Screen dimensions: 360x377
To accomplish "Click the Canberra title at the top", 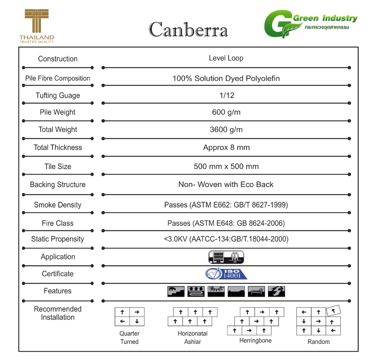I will pyautogui.click(x=188, y=29).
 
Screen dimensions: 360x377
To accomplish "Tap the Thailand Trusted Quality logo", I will pyautogui.click(x=37, y=26).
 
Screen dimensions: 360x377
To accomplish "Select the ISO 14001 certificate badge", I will pyautogui.click(x=226, y=274).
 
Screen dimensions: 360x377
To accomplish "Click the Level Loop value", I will pyautogui.click(x=226, y=58).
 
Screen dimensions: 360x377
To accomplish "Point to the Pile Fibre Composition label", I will pyautogui.click(x=58, y=78).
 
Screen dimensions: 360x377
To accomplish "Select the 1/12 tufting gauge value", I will pyautogui.click(x=227, y=95).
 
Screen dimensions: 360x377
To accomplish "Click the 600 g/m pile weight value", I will pyautogui.click(x=226, y=112).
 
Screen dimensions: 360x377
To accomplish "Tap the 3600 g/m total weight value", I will pyautogui.click(x=226, y=130).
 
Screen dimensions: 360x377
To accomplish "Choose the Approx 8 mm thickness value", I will pyautogui.click(x=226, y=147).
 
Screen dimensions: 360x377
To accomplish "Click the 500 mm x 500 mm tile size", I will pyautogui.click(x=226, y=166).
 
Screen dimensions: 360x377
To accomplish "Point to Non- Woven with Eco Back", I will pyautogui.click(x=226, y=185).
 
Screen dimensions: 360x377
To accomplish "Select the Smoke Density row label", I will pyautogui.click(x=58, y=205).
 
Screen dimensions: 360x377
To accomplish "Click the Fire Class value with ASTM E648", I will pyautogui.click(x=226, y=223).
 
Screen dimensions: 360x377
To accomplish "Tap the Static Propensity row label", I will pyautogui.click(x=58, y=239).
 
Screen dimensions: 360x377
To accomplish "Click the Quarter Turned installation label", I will pyautogui.click(x=129, y=337).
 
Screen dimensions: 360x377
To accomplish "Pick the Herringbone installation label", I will pyautogui.click(x=256, y=341).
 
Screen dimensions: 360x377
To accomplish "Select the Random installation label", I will pyautogui.click(x=318, y=342).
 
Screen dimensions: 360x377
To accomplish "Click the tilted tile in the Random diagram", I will pyautogui.click(x=333, y=311).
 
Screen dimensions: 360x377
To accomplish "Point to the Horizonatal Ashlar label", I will pyautogui.click(x=193, y=337).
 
